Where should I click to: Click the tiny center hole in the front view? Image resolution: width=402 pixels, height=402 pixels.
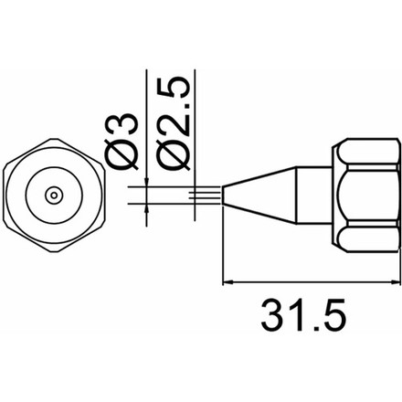click(x=55, y=195)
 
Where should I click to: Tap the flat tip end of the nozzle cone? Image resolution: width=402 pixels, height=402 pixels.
click(x=225, y=195)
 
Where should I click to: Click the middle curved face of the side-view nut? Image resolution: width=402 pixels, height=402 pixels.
click(x=365, y=195)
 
